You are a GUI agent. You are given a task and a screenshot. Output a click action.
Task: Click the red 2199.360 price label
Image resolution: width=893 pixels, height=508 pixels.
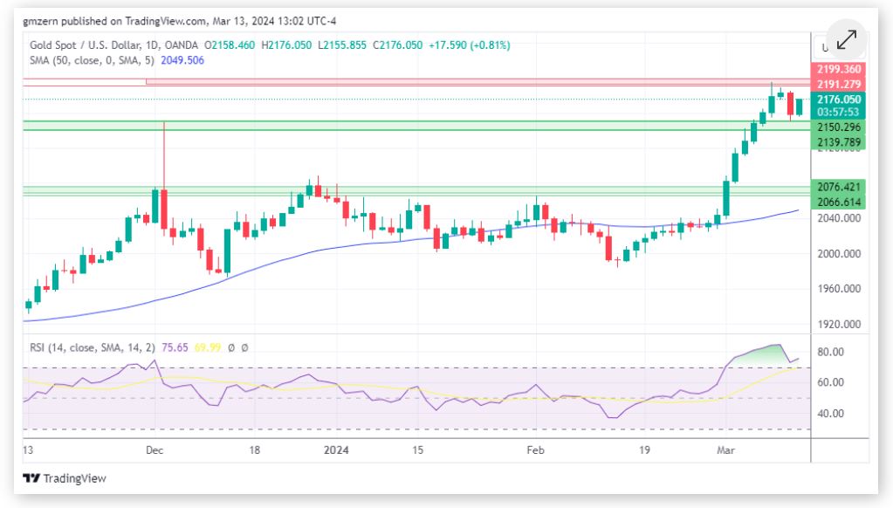[x=838, y=69]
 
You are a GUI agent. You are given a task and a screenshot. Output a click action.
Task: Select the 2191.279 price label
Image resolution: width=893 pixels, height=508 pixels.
[x=838, y=84]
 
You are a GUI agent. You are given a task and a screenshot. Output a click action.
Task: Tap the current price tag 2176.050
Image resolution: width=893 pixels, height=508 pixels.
[x=838, y=100]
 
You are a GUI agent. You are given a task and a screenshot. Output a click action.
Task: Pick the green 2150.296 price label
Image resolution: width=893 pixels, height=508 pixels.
[x=838, y=127]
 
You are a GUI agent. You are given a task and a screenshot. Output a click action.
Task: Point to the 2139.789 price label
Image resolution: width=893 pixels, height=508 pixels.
[x=838, y=142]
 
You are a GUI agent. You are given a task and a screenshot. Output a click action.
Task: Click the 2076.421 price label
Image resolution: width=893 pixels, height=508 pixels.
[x=838, y=187]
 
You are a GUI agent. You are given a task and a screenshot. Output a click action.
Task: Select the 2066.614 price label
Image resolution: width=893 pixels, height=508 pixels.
[x=838, y=202]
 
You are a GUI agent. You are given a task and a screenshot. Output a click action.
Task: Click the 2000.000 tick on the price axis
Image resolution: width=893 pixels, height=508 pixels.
[x=838, y=253]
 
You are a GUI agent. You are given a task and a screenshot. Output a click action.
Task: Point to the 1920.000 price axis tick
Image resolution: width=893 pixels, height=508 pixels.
[x=838, y=324]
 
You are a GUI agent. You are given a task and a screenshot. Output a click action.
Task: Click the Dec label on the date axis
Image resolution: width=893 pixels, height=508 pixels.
[x=155, y=450]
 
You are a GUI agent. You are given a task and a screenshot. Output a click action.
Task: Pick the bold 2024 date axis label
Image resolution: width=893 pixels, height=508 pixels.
[x=336, y=450]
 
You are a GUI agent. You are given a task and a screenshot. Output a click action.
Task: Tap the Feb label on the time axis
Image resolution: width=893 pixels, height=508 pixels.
[x=535, y=450]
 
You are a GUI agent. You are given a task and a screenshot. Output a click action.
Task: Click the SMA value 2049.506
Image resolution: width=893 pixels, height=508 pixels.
[x=182, y=59]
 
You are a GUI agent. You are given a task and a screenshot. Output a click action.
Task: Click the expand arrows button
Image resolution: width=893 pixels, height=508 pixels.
[x=846, y=40]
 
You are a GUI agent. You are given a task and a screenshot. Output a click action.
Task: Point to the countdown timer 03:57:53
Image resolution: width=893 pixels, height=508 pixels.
[x=838, y=113]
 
